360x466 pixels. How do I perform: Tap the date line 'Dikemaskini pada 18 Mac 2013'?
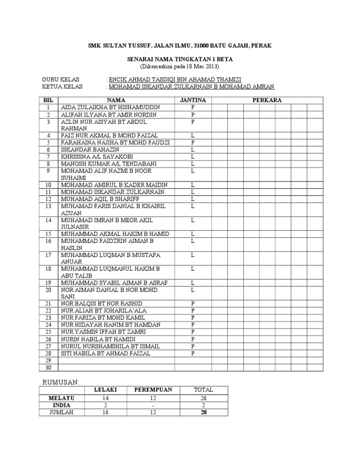[x=180, y=66]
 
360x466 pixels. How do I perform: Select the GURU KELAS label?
[x=60, y=80]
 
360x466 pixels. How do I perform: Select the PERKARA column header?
[x=267, y=100]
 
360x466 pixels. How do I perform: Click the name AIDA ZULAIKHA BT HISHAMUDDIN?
[x=110, y=107]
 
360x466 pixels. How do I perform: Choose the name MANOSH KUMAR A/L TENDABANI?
[x=109, y=163]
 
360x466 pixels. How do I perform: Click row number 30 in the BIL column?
[x=48, y=368]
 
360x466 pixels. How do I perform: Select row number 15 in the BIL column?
[x=48, y=233]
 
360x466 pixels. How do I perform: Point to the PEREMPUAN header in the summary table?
[x=153, y=390]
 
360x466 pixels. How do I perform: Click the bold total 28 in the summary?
[x=203, y=412]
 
